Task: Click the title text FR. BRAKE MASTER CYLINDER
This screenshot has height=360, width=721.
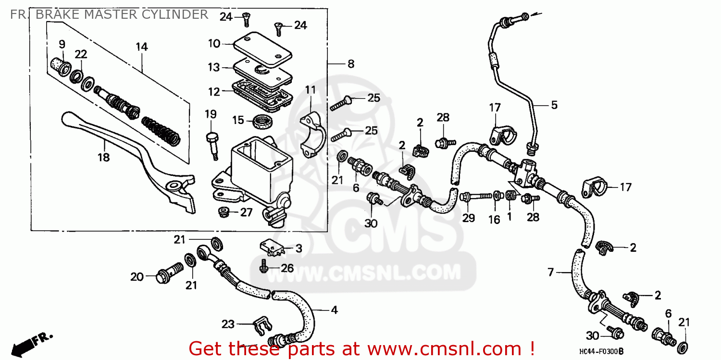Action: [109, 14]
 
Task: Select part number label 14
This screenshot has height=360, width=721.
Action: [141, 47]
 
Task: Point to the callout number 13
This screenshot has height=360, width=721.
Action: [213, 68]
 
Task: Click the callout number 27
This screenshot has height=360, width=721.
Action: [246, 212]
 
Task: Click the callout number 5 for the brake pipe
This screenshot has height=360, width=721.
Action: [554, 105]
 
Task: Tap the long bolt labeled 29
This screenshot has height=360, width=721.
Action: [478, 197]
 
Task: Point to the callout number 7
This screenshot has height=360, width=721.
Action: [551, 273]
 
